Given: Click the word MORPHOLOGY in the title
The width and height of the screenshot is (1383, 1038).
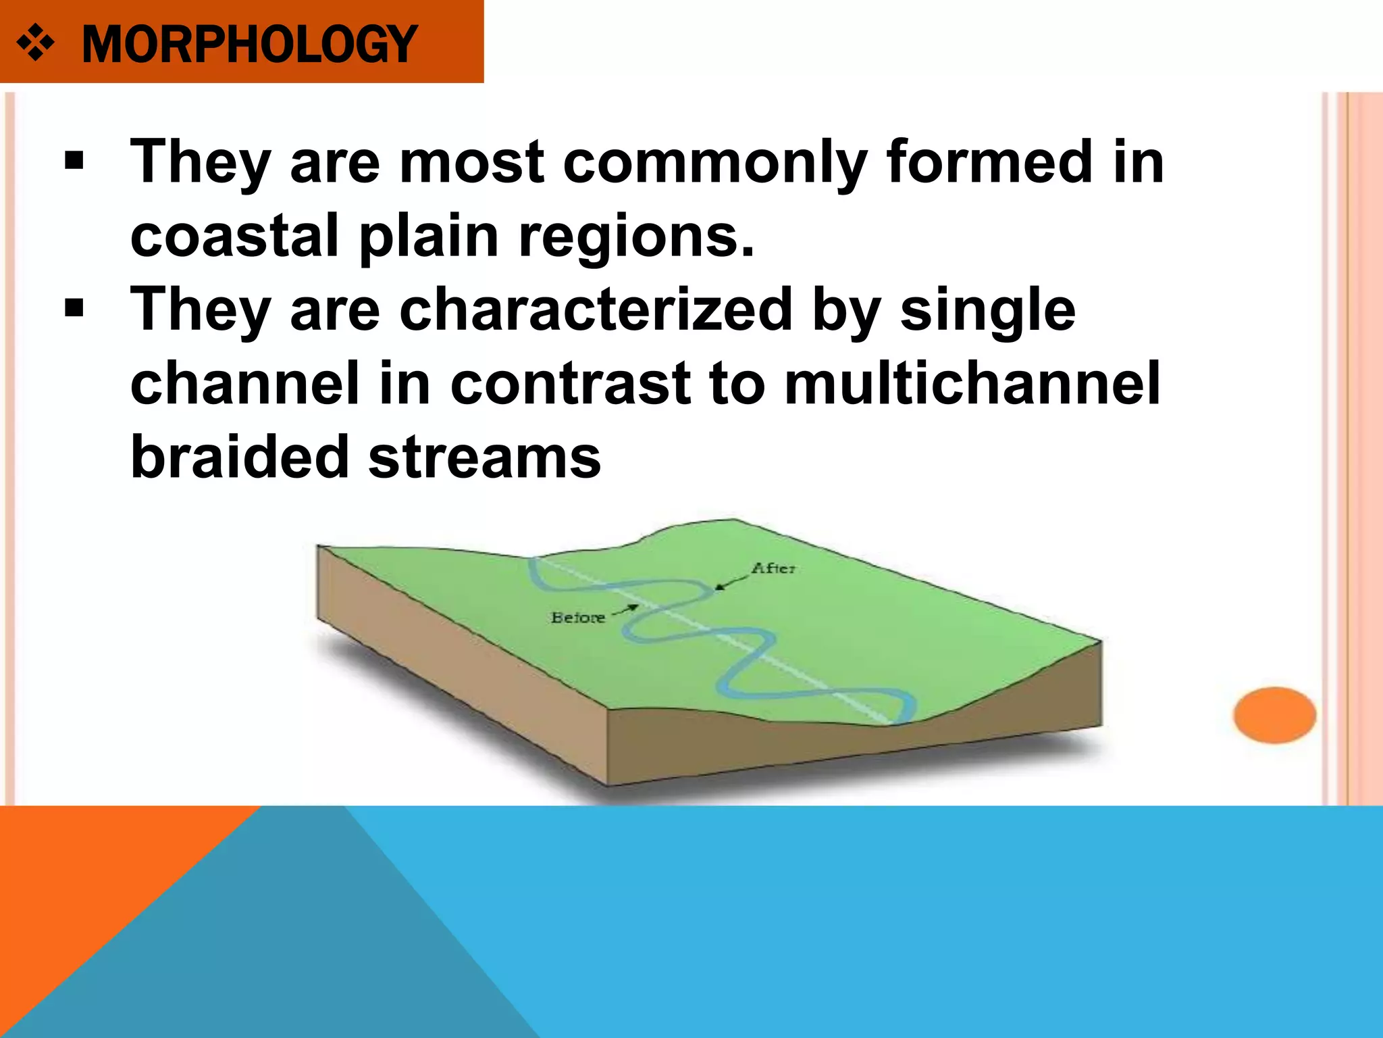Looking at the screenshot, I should click(249, 45).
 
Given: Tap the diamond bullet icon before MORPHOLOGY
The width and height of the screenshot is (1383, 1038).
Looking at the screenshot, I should click(35, 45).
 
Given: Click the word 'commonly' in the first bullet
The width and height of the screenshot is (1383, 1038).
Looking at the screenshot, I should click(714, 164).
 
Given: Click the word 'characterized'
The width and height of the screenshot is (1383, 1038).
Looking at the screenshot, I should click(596, 310).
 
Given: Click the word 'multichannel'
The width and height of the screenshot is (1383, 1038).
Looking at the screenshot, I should click(972, 383).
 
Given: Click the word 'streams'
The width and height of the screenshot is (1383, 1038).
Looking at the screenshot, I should click(484, 458).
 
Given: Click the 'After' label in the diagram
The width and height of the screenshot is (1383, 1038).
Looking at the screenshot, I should click(774, 568).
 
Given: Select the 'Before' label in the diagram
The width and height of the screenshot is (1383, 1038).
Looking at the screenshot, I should click(577, 618).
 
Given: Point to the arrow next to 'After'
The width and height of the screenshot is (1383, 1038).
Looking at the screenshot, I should click(731, 580).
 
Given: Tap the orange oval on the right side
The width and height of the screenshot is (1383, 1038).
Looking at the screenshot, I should click(1274, 715).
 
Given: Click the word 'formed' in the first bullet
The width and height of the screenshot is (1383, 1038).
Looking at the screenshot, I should click(989, 162).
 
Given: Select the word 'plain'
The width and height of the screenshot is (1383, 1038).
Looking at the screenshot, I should click(428, 237).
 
